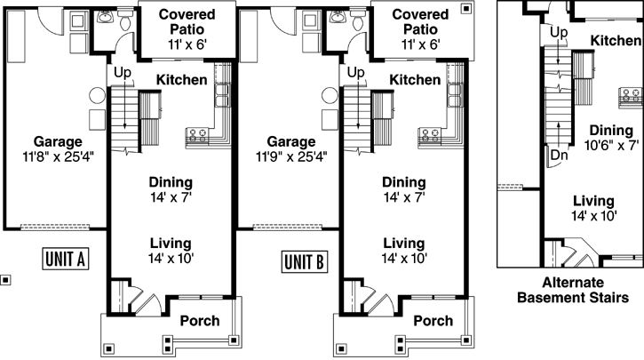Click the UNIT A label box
(64, 260)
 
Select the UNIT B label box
(305, 261)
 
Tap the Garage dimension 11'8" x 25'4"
(58, 157)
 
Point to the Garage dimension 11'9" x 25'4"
(290, 157)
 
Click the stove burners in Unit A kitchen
(197, 135)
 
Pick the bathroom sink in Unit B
(338, 16)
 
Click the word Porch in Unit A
(199, 320)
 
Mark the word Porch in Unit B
(433, 320)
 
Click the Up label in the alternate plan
(558, 33)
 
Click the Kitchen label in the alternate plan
(616, 41)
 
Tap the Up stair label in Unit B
(356, 72)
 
